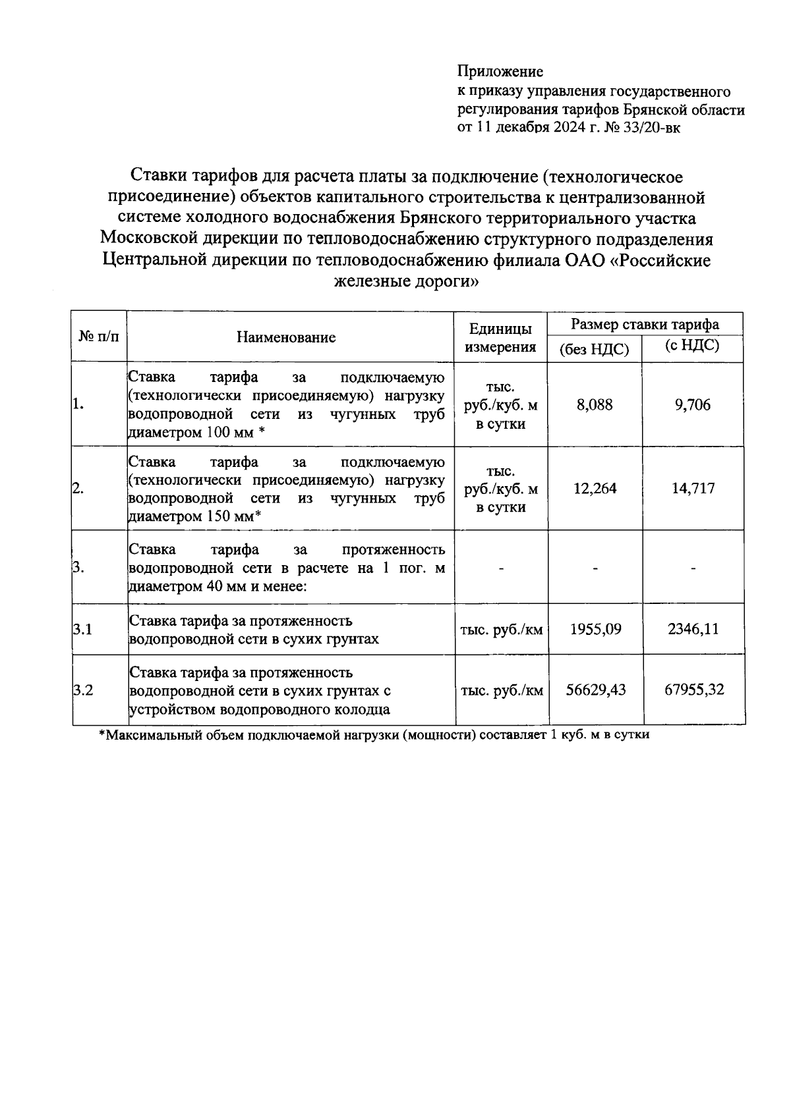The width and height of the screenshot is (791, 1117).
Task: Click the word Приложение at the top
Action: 500,71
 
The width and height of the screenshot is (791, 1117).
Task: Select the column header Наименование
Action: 286,338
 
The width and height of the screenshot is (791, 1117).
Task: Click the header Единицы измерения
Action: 500,338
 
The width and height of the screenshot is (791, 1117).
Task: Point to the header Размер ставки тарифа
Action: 645,324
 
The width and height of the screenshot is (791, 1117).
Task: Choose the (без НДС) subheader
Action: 594,350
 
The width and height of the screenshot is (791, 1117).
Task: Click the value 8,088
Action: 595,404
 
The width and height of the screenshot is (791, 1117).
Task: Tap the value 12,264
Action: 595,489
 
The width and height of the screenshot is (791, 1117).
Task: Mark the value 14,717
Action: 693,489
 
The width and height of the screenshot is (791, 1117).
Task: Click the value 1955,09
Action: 595,629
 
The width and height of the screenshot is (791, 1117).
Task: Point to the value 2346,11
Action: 693,629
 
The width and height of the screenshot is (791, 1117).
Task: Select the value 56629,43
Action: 596,690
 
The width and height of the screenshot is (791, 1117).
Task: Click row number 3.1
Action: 83,629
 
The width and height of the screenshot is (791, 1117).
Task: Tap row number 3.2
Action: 83,690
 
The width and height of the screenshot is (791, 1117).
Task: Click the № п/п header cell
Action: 100,337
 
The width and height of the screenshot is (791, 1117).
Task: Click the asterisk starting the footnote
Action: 102,735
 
